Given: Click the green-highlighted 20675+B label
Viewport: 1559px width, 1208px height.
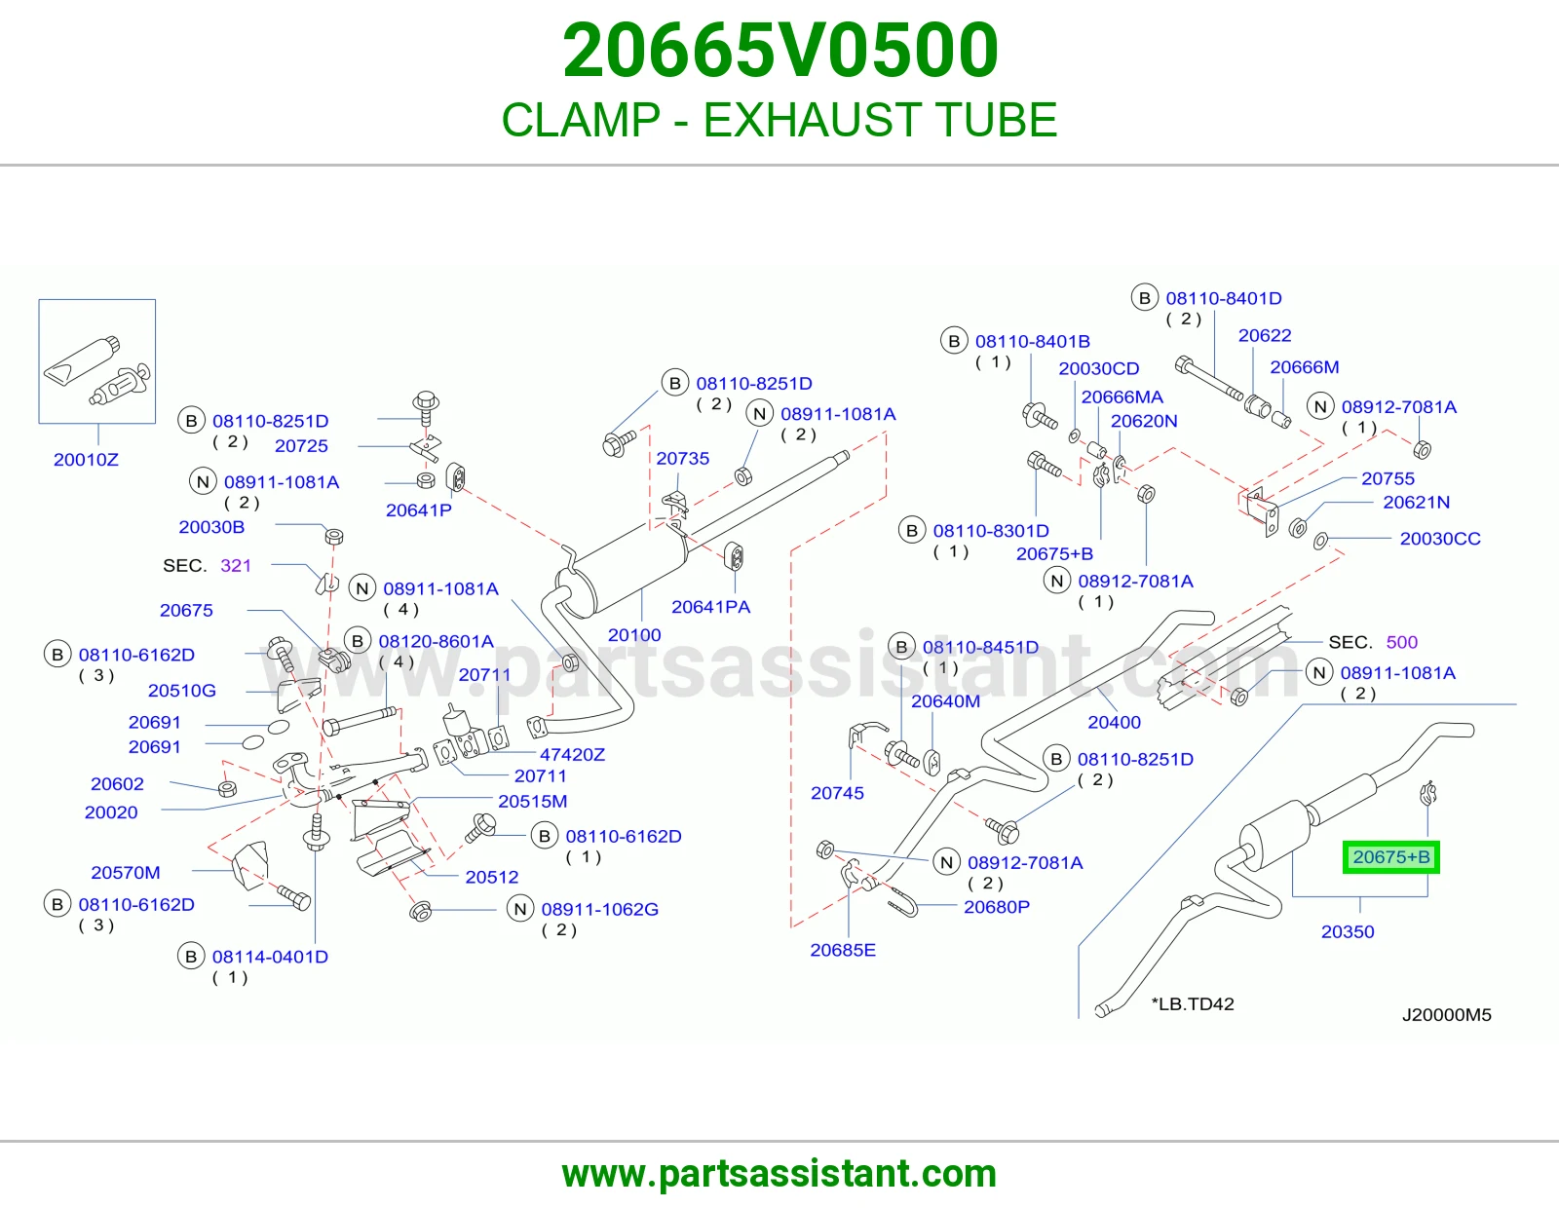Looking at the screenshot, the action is [x=1391, y=856].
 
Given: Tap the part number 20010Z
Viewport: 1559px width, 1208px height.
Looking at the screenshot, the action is [x=86, y=460].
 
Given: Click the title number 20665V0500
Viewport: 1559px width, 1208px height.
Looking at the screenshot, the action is [x=779, y=51].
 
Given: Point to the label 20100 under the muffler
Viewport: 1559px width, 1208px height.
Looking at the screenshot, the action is [x=634, y=635].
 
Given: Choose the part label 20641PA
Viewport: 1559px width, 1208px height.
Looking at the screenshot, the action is [x=711, y=607].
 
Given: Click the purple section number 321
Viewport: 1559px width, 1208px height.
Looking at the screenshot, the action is [x=236, y=565].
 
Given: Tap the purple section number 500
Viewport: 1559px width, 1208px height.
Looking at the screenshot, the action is [x=1402, y=642].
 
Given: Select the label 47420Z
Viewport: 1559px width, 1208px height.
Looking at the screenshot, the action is [x=573, y=755].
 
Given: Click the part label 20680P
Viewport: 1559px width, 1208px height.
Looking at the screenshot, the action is [x=997, y=907].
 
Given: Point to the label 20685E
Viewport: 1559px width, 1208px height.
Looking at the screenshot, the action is [x=843, y=950].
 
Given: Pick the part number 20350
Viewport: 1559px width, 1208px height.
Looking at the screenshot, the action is [x=1349, y=932].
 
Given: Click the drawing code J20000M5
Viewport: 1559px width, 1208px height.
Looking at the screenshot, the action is [x=1447, y=1015].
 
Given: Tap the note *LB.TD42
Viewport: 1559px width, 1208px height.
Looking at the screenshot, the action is [x=1193, y=1004].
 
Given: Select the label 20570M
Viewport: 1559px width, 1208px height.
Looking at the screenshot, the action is [x=126, y=872].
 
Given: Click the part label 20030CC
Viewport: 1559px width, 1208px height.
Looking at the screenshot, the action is [x=1441, y=539].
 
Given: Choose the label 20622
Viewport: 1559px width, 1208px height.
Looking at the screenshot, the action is [x=1265, y=336].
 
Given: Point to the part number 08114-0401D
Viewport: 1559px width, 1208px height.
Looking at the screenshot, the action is [x=271, y=957].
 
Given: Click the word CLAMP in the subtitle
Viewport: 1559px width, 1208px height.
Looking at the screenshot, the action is [x=581, y=120].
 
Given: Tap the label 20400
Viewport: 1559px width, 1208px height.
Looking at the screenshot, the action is [x=1114, y=722].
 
